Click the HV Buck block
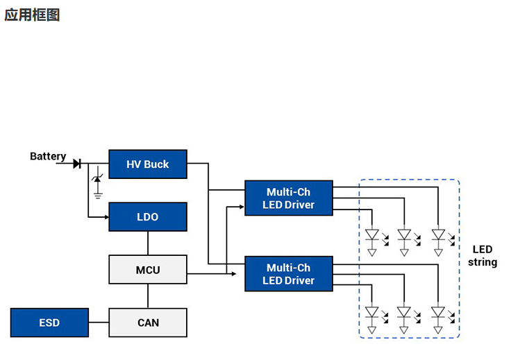[147, 164]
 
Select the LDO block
[147, 217]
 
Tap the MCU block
[147, 270]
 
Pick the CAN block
[147, 323]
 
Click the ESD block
[49, 323]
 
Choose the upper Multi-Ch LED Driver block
[288, 198]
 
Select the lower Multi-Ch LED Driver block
[288, 274]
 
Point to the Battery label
[48, 157]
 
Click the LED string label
[482, 255]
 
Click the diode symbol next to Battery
[76, 164]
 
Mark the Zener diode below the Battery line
[97, 180]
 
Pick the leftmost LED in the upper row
[371, 236]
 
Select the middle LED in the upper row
[404, 236]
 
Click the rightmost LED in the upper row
[437, 236]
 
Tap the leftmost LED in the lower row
[371, 314]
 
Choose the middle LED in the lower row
[404, 314]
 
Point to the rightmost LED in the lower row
[437, 314]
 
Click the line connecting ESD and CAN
[99, 323]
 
